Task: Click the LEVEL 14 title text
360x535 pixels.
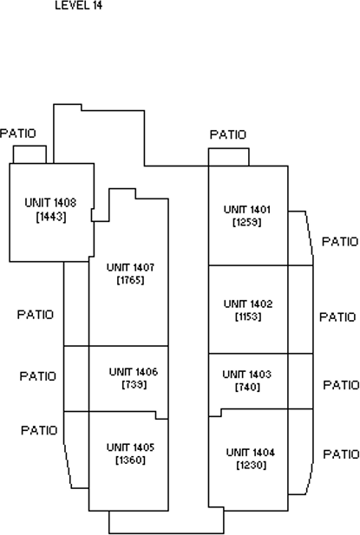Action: [x=78, y=5]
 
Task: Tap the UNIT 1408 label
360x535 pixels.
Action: [x=50, y=203]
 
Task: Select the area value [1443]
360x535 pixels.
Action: [x=51, y=216]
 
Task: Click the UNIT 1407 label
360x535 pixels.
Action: [x=130, y=267]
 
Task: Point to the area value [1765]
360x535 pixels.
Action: [x=130, y=280]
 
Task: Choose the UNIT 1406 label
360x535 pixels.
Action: [x=134, y=372]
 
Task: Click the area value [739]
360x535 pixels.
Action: [x=134, y=384]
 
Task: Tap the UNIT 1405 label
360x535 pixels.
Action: [x=130, y=447]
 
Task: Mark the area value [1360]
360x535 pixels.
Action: [x=130, y=460]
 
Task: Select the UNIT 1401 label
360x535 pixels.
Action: [x=247, y=210]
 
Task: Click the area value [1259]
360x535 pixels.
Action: [x=247, y=223]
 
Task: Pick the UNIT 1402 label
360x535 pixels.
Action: [x=248, y=304]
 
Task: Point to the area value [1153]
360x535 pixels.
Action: [x=248, y=317]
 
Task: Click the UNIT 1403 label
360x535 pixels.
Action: [x=246, y=375]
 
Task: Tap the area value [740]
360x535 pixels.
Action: [x=247, y=388]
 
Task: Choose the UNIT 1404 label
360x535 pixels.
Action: [x=250, y=453]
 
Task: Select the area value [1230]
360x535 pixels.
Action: [x=252, y=466]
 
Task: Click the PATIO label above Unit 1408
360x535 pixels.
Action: [x=17, y=134]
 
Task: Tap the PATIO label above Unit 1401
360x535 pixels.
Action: [x=228, y=134]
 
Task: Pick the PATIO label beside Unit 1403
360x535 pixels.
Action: [x=341, y=385]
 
